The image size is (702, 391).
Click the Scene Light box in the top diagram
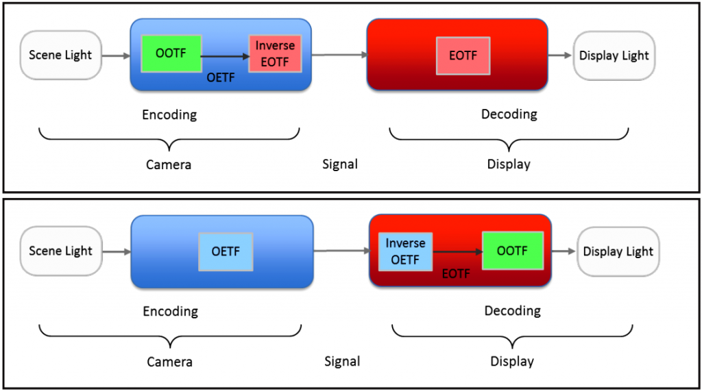pyautogui.click(x=60, y=55)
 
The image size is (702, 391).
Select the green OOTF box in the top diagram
pyautogui.click(x=170, y=53)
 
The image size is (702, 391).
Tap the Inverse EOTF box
pyautogui.click(x=275, y=53)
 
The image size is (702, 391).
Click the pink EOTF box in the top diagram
pyautogui.click(x=463, y=55)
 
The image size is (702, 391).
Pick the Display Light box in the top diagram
pyautogui.click(x=614, y=55)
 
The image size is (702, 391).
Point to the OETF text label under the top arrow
pyautogui.click(x=221, y=77)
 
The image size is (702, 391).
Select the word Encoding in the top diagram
pyautogui.click(x=169, y=114)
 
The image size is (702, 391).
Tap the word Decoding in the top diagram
pyautogui.click(x=509, y=114)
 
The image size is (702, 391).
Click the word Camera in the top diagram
pyautogui.click(x=168, y=164)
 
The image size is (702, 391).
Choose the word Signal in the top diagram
pyautogui.click(x=340, y=164)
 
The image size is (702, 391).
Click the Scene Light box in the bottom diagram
pyautogui.click(x=60, y=251)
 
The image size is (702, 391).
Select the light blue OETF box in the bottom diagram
pyautogui.click(x=226, y=251)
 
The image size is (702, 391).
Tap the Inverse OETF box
pyautogui.click(x=405, y=251)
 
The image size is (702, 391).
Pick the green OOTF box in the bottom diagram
pyautogui.click(x=513, y=251)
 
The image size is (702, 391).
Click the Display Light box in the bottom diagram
pyautogui.click(x=618, y=251)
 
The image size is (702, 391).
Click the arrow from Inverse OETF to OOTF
pyautogui.click(x=457, y=252)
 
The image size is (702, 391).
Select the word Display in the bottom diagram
pyautogui.click(x=511, y=361)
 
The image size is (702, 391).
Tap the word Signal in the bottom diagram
pyautogui.click(x=342, y=361)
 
